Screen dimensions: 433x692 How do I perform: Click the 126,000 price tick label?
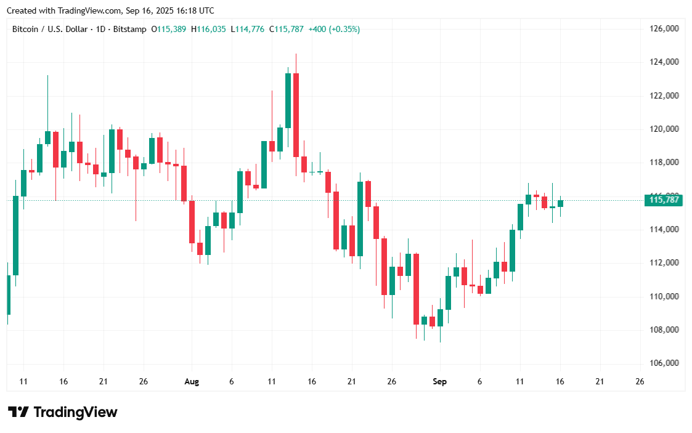(664, 28)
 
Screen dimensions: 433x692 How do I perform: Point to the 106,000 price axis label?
(664, 363)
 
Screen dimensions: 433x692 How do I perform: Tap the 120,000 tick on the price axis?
(664, 129)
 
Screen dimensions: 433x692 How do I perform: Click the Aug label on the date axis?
(192, 382)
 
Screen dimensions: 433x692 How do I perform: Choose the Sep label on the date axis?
(439, 382)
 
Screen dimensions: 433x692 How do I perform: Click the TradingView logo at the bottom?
(62, 412)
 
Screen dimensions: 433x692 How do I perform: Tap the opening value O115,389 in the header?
(169, 29)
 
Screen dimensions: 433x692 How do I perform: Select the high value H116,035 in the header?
(210, 29)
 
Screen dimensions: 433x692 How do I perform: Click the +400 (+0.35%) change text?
(334, 29)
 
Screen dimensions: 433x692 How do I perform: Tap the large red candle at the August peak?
(296, 115)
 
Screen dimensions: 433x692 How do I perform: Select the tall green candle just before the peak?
(288, 100)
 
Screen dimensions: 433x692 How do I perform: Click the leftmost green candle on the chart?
(8, 294)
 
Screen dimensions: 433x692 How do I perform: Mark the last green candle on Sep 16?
(561, 203)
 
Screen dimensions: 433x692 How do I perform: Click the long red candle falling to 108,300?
(416, 288)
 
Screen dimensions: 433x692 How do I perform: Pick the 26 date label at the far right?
(640, 382)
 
